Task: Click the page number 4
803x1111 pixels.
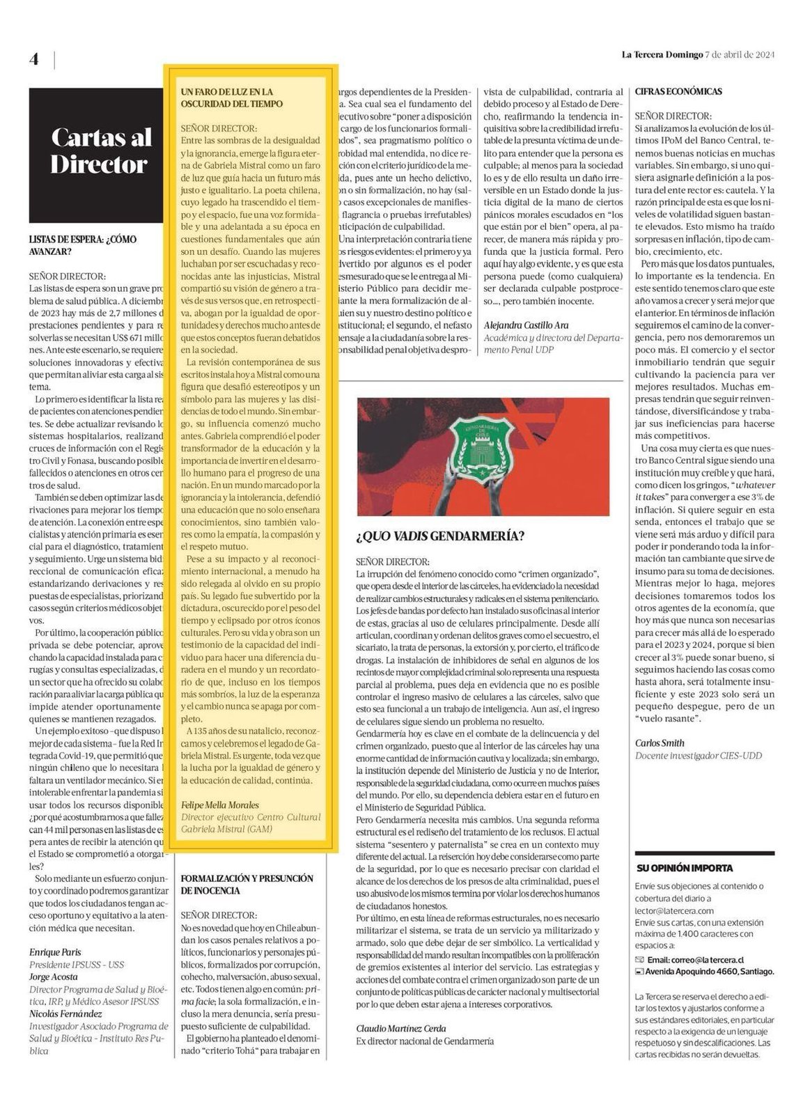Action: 34,59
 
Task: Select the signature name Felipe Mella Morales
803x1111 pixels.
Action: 219,805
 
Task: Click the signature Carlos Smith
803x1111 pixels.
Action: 660,743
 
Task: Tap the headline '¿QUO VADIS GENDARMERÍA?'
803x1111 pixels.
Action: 440,536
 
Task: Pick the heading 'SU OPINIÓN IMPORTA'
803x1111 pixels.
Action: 685,868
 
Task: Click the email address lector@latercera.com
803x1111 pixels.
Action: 674,910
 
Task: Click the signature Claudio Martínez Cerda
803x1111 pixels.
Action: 401,1028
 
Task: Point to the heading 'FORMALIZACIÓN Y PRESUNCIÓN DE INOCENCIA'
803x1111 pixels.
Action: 247,885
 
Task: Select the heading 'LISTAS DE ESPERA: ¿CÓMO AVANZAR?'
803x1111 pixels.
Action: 83,245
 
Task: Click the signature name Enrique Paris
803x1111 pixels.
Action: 55,951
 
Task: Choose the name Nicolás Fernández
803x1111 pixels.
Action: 65,1013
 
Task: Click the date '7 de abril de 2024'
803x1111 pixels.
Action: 740,55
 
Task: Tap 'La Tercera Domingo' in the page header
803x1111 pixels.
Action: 662,55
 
